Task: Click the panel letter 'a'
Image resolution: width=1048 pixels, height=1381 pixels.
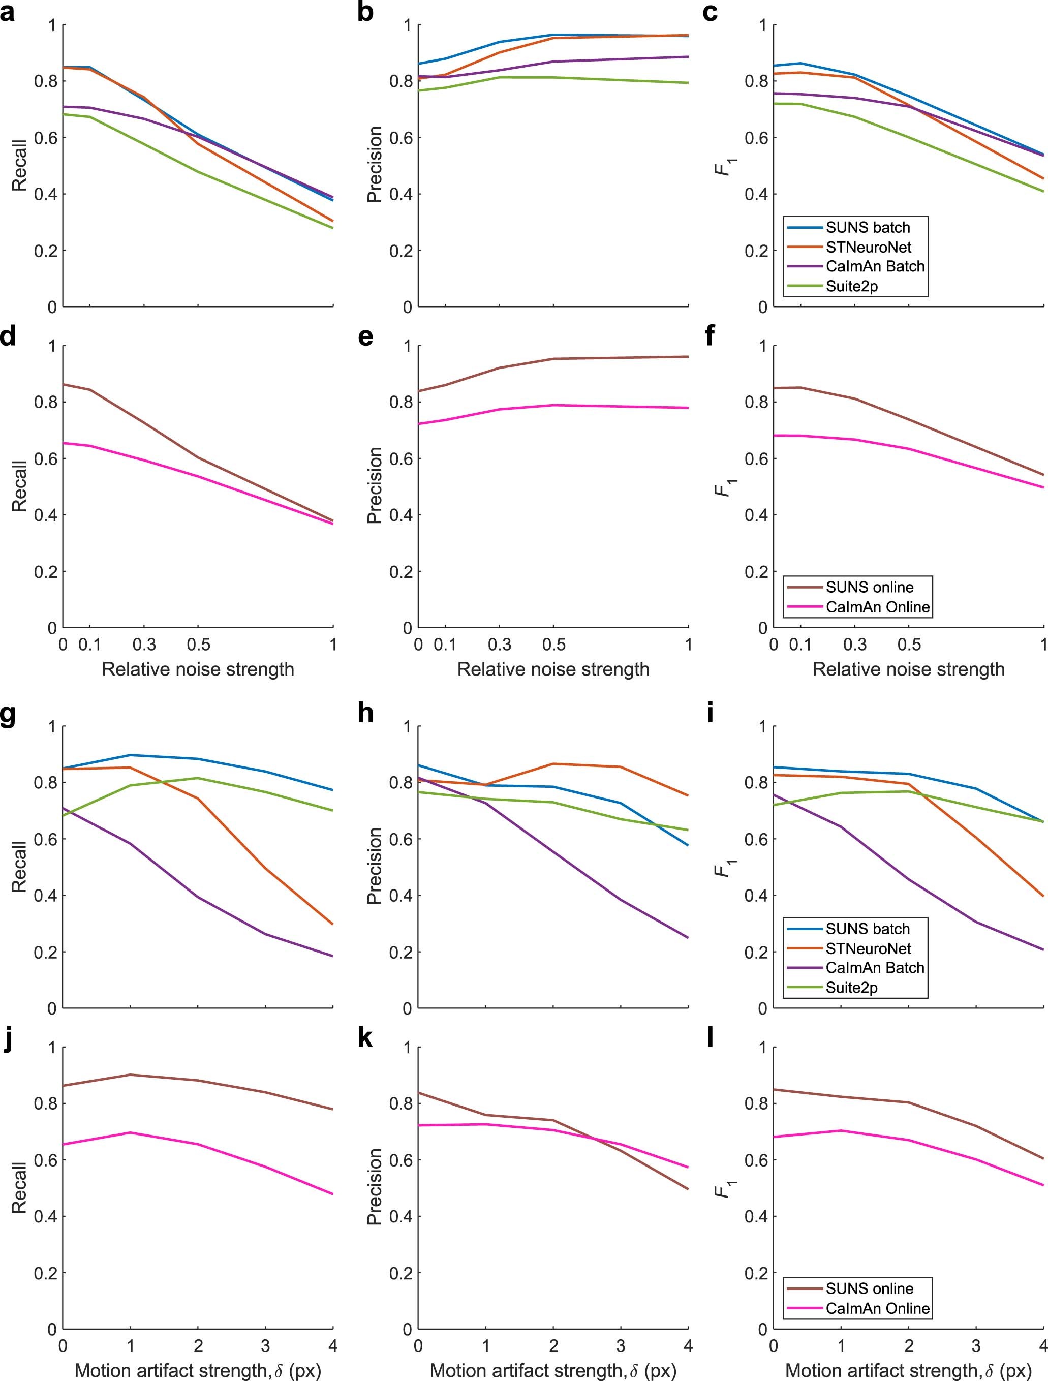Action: click(8, 13)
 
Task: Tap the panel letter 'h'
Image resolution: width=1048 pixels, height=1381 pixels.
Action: click(365, 714)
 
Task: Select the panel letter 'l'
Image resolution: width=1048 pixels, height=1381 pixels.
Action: click(709, 1037)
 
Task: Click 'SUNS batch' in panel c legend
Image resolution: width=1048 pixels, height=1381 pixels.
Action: click(867, 227)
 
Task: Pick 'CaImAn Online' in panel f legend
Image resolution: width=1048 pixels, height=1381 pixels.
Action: click(877, 607)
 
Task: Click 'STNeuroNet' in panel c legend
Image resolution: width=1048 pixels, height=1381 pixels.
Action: click(868, 247)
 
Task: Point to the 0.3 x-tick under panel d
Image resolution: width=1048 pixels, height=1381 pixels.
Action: click(144, 645)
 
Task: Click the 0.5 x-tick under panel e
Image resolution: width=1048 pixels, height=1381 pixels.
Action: click(553, 645)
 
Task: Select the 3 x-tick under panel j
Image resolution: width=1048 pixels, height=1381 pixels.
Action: click(265, 1345)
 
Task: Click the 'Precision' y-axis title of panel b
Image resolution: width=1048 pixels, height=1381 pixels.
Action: click(375, 164)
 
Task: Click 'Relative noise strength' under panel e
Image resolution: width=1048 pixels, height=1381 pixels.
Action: click(553, 669)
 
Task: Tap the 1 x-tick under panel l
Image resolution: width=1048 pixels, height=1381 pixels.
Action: click(841, 1345)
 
